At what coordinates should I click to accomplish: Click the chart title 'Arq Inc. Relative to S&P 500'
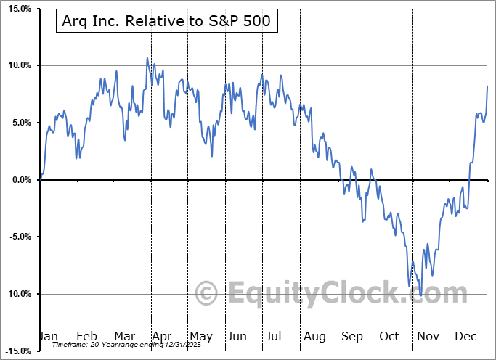tap(163, 21)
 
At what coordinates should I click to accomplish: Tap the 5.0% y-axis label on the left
tap(18, 123)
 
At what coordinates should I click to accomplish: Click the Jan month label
tap(48, 336)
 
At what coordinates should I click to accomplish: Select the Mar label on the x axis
tap(124, 336)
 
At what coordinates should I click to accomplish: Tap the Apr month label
tap(161, 336)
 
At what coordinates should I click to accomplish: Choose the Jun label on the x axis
tap(237, 336)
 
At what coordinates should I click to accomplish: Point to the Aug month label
tap(314, 336)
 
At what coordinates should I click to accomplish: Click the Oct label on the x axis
tap(390, 336)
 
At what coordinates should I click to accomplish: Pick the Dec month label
tap(465, 336)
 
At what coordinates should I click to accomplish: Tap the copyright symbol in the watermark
tap(207, 294)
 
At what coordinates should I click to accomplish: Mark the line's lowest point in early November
tap(421, 295)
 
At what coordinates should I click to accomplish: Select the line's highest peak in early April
tap(147, 58)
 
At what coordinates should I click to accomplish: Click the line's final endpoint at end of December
tap(487, 86)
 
